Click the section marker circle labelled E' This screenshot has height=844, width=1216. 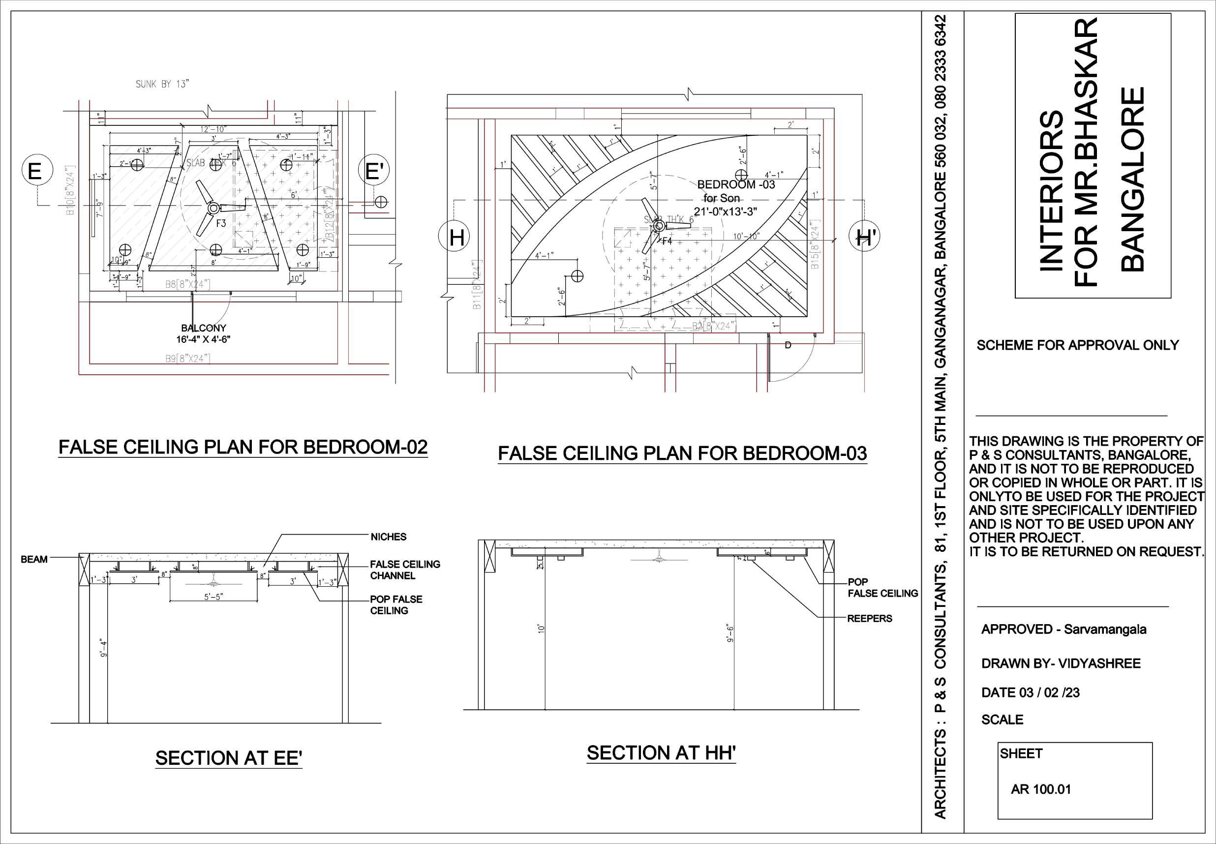(x=374, y=171)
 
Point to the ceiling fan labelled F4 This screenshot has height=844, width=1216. (x=659, y=226)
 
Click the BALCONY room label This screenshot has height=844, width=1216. (x=204, y=329)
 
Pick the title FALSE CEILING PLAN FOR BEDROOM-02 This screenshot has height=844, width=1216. (x=243, y=447)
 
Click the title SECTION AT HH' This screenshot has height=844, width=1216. (x=661, y=753)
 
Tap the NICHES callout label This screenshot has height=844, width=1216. (x=388, y=537)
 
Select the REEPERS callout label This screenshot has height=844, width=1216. (x=870, y=618)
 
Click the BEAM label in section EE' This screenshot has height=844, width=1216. (x=34, y=559)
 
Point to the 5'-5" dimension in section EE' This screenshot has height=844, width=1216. (x=213, y=597)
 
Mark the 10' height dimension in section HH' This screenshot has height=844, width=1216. (x=541, y=628)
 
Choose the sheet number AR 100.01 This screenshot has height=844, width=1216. (x=1040, y=789)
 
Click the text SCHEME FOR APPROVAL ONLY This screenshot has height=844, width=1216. (x=1077, y=345)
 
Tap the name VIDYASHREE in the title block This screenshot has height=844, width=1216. (x=1099, y=663)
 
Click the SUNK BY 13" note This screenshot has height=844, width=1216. (x=162, y=84)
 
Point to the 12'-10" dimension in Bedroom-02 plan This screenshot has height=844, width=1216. (x=213, y=129)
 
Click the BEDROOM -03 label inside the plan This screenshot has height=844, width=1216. (x=736, y=184)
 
